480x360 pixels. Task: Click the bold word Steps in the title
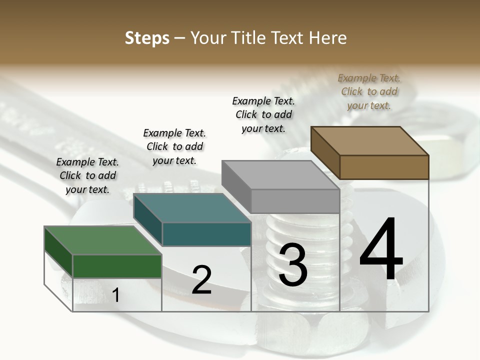coord(147,38)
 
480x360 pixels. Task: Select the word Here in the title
coord(328,38)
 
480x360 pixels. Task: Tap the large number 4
coord(381,250)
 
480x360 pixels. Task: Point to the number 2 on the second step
coord(201,280)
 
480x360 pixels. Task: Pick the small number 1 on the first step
coord(116,295)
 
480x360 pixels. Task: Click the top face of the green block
coord(102,240)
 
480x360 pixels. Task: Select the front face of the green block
coord(117,266)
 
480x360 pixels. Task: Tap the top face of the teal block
coord(192,207)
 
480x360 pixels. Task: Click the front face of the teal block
coord(206,234)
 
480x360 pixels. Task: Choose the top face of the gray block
coord(280,175)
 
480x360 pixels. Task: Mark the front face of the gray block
coord(295,201)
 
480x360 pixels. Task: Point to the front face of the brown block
coord(384,167)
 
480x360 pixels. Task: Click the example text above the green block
coord(87,175)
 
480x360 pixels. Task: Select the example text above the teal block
coord(174,146)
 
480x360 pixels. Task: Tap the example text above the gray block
coord(263,114)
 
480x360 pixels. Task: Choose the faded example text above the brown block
coord(369,91)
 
